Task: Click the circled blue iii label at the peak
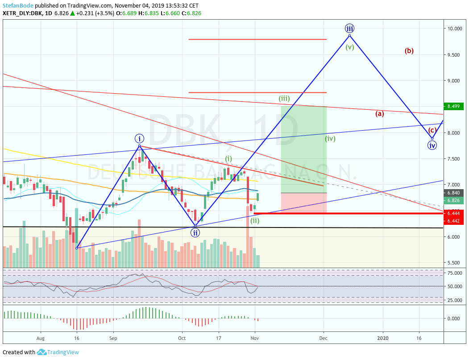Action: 349,29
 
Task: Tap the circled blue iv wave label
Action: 432,145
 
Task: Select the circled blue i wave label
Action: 139,138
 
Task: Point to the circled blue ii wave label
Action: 195,232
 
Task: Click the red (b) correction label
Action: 409,51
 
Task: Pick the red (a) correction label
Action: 379,113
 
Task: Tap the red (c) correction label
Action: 432,131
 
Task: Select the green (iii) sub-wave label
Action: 284,98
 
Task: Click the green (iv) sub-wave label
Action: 330,138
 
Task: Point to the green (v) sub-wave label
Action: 349,47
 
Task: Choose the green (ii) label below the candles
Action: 255,220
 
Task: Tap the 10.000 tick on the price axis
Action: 455,29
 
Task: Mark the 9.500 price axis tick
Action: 455,55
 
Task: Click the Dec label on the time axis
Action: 324,339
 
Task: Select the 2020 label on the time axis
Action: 382,339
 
